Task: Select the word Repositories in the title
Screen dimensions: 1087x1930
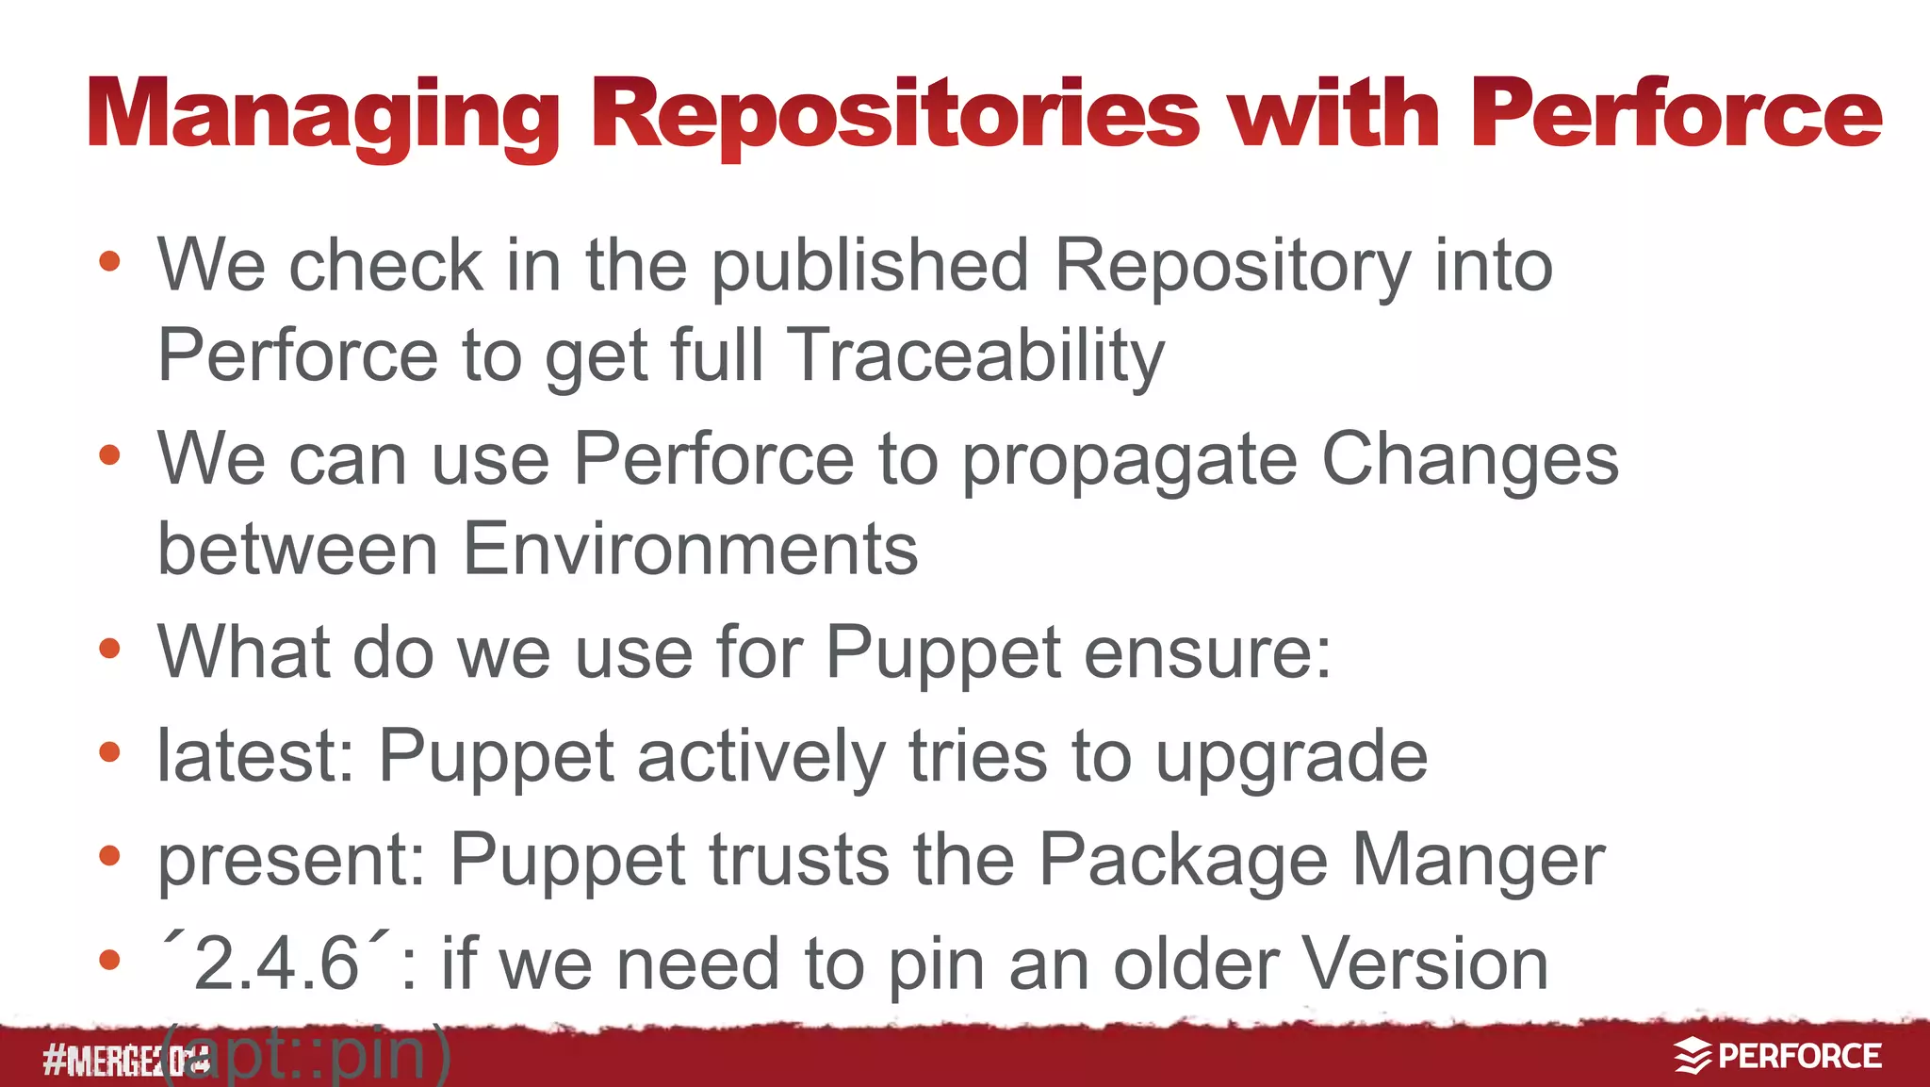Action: coord(895,116)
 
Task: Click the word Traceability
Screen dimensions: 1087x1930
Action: coord(975,356)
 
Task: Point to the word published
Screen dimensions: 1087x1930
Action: coord(869,266)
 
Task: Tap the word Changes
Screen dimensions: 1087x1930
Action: coord(1470,459)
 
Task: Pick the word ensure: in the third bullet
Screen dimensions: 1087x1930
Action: coord(1207,651)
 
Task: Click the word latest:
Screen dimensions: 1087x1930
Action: coord(255,755)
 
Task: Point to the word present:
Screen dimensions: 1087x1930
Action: coord(292,861)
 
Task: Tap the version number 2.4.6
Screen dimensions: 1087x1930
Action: coord(275,963)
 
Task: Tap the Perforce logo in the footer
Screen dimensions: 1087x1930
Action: coord(1777,1056)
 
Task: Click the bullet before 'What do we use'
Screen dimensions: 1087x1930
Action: coord(110,649)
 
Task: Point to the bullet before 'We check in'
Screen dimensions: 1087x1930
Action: coord(110,261)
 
